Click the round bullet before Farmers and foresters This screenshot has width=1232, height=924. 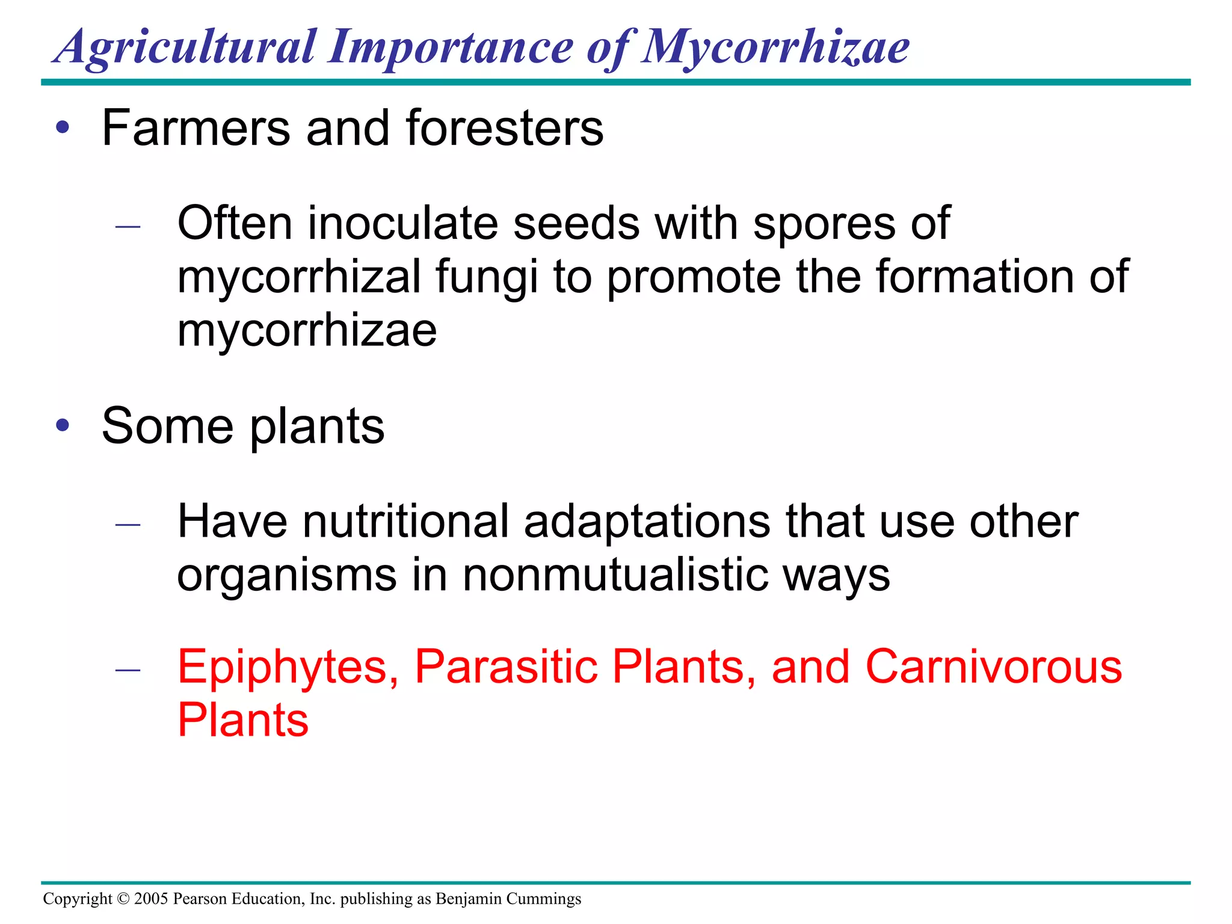(63, 128)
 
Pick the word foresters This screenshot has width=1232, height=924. (505, 128)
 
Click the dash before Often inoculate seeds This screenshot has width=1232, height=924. (128, 227)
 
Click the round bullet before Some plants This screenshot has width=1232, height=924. (63, 425)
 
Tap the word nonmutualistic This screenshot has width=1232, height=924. (615, 575)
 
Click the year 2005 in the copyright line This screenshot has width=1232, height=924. (151, 899)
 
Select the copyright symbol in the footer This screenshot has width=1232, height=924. (123, 899)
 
